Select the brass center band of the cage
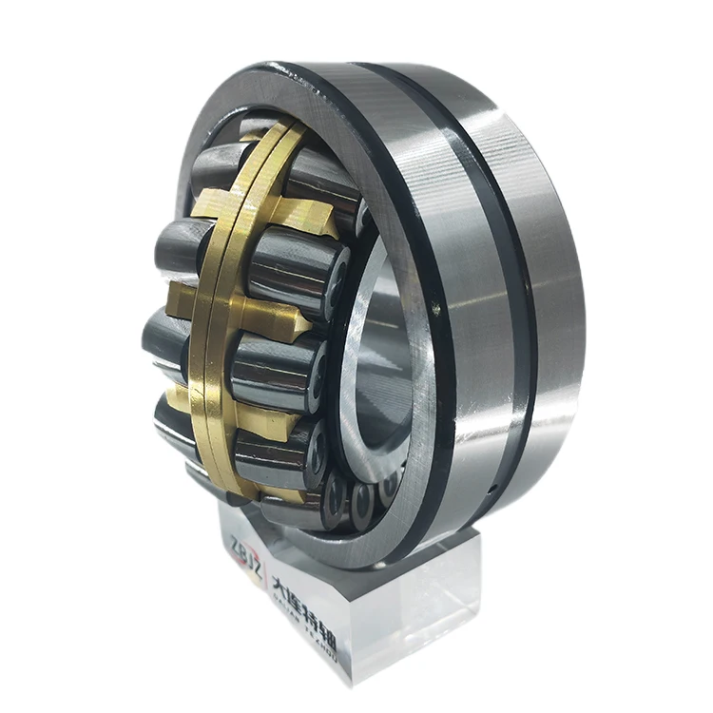[214, 314]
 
